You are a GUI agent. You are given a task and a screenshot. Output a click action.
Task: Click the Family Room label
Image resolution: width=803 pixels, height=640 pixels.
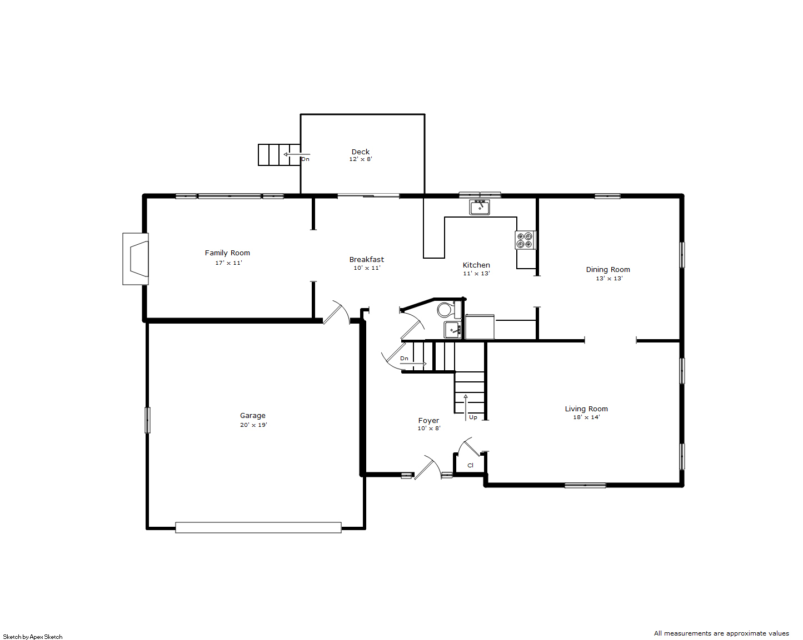(227, 253)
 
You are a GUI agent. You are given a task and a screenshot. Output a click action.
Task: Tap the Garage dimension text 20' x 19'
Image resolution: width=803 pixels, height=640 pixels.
(254, 425)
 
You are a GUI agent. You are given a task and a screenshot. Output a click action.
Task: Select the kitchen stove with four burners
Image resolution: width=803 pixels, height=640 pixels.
(525, 240)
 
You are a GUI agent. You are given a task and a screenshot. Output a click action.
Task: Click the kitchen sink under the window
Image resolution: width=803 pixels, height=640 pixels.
(480, 207)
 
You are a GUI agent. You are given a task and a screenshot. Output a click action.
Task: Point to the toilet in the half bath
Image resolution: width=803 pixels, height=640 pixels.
(449, 309)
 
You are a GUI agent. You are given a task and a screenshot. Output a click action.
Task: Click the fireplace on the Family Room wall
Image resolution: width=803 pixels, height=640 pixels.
(136, 259)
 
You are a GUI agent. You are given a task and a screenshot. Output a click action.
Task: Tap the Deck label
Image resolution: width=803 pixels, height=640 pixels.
(361, 152)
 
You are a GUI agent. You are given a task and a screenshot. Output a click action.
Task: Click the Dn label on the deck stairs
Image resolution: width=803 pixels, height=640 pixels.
(305, 159)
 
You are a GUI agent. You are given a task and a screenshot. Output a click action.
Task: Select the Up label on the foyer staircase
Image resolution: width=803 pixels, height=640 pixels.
(473, 417)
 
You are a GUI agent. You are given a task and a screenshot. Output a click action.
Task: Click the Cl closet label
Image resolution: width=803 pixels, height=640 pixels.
(471, 465)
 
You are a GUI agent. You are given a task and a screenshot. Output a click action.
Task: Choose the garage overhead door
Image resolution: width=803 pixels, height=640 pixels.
(258, 527)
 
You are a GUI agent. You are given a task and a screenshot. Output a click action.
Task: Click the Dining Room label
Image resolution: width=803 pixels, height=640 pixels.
(608, 270)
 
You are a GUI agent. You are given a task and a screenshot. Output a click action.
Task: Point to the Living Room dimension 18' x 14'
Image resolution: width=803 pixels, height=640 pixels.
(587, 417)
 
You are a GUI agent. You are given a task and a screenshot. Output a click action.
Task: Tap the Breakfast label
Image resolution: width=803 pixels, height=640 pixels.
(366, 259)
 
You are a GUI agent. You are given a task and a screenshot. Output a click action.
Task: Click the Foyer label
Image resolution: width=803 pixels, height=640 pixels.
(428, 421)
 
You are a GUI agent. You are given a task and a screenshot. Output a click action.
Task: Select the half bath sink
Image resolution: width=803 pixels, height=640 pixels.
(452, 330)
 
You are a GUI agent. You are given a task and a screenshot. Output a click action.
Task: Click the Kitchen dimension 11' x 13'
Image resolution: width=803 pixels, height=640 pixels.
(476, 273)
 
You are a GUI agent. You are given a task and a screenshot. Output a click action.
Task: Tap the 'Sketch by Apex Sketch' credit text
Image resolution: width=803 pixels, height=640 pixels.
(33, 637)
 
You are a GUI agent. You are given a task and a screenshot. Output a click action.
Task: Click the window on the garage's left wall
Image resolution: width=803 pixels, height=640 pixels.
(147, 420)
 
